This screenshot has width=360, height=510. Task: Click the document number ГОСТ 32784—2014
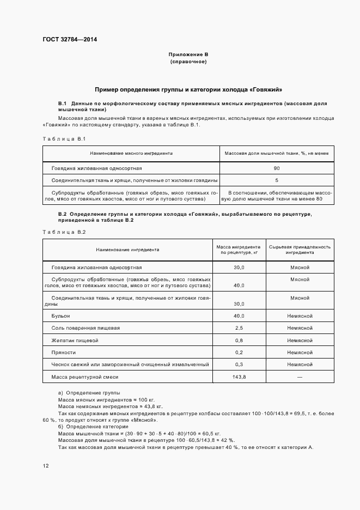66,40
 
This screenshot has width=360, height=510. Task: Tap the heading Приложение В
188,55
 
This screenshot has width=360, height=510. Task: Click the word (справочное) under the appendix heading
188,62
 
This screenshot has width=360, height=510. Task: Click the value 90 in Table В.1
277,168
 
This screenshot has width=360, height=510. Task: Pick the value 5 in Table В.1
277,180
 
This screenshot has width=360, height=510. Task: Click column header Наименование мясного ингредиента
131,154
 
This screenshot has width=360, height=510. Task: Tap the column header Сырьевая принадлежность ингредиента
300,250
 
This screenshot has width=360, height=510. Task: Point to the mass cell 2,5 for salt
239,328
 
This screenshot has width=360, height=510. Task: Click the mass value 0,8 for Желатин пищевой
239,341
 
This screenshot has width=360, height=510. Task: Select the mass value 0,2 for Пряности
239,353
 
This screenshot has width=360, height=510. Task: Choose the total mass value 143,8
239,377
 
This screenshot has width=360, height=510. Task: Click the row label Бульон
60,316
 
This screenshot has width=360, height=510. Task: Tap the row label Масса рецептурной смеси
84,377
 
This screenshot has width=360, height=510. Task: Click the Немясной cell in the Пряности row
300,353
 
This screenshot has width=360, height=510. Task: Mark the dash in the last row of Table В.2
300,377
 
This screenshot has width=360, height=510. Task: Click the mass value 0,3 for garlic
239,365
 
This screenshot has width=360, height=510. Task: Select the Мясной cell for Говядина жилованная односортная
300,268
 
